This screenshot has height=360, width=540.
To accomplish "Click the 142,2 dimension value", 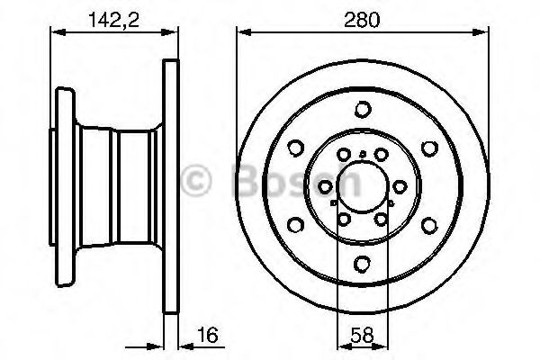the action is point(114,20).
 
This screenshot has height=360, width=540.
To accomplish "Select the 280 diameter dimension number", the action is point(362,20).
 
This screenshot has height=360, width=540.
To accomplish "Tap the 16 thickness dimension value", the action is point(208,335).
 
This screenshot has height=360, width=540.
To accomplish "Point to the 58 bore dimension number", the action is point(363,335).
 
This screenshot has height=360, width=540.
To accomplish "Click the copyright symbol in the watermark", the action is point(196,180).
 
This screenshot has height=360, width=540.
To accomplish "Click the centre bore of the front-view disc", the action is point(363,187).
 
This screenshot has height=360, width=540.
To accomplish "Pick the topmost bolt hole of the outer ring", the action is point(363,110).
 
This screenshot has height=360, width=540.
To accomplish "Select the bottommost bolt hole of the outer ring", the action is point(363,265).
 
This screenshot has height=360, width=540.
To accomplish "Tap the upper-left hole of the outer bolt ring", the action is point(295,148).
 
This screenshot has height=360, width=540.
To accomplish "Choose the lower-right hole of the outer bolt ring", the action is point(429,226).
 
